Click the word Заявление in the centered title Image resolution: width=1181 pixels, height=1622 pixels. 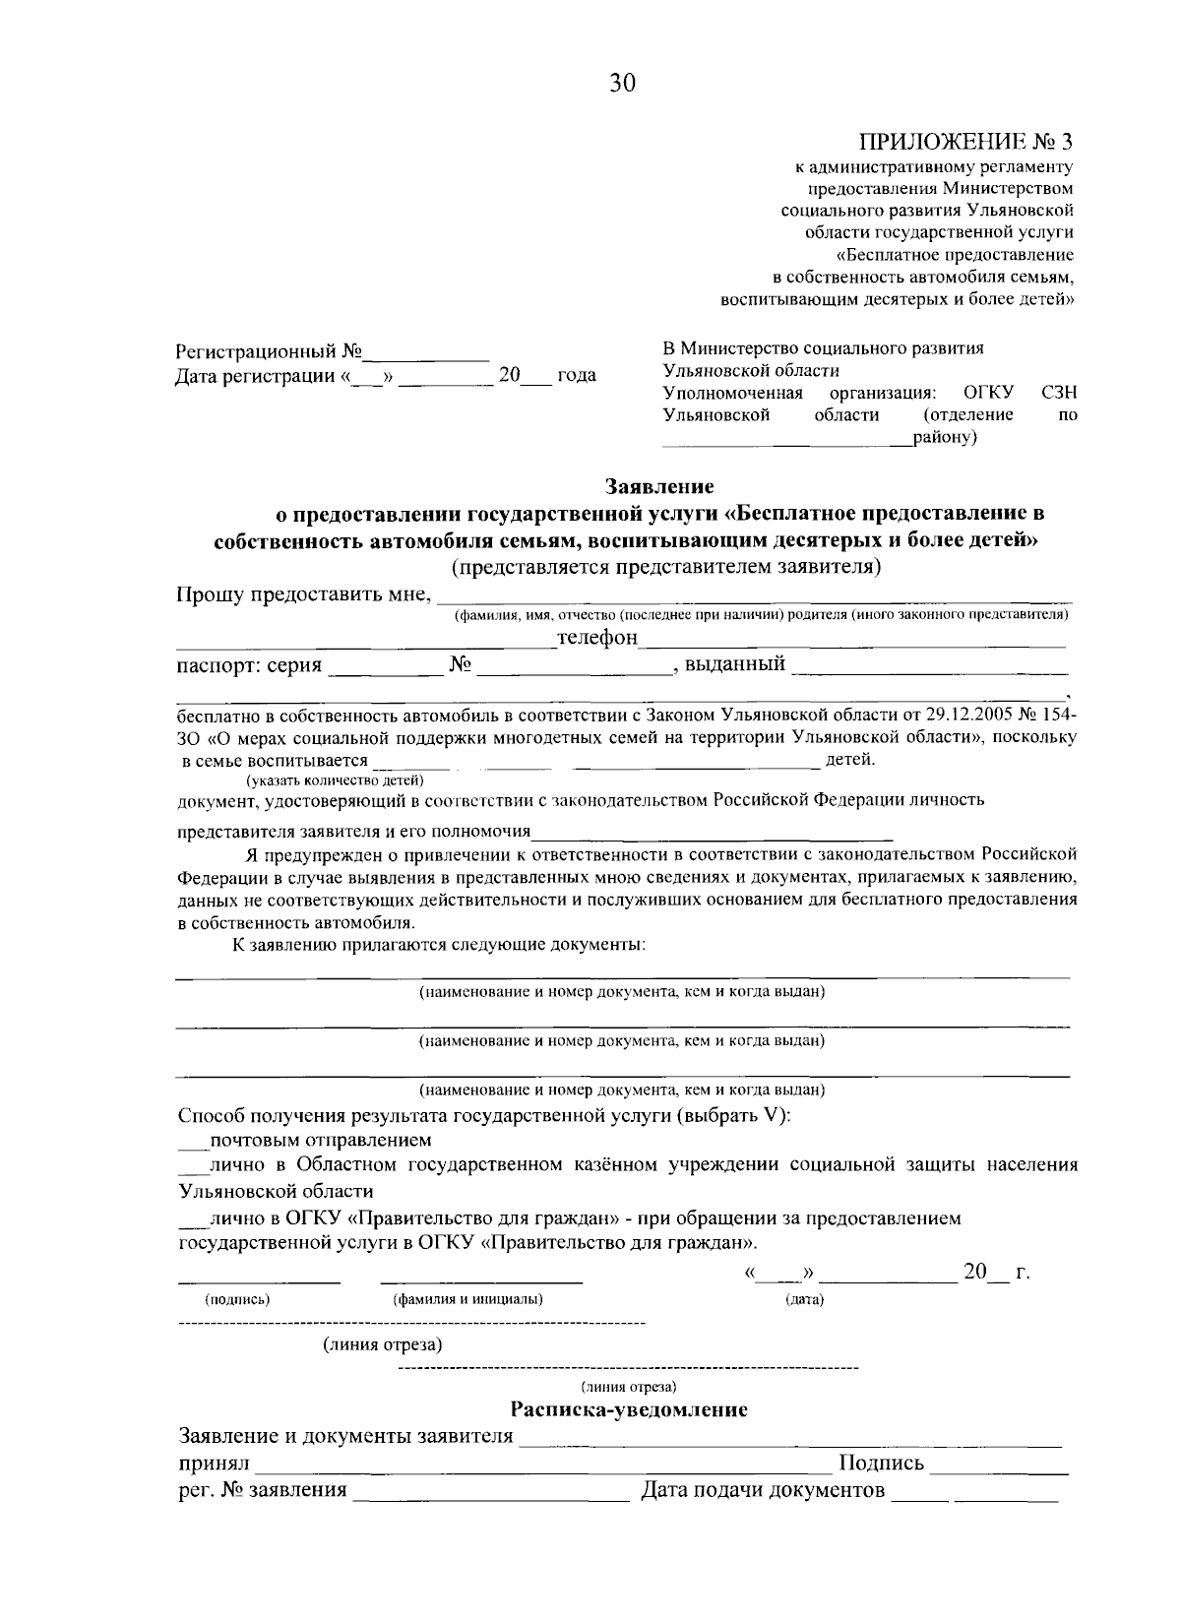click(659, 486)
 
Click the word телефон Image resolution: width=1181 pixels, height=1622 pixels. click(597, 639)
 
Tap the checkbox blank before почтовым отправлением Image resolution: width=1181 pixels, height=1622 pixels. click(193, 1142)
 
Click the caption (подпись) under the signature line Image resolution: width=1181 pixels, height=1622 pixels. click(237, 1299)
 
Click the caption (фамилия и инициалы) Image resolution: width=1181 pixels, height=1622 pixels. click(467, 1299)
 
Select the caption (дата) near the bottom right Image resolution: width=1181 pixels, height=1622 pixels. click(804, 1300)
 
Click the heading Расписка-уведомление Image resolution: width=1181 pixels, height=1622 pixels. click(629, 1410)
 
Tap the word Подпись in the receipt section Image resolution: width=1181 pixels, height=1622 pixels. click(881, 1464)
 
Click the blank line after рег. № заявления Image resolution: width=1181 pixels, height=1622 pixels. click(490, 1493)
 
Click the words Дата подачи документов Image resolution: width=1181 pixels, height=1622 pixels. click(763, 1491)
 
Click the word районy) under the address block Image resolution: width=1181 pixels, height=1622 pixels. click(945, 437)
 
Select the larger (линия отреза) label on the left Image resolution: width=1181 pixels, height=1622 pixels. click(382, 1344)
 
